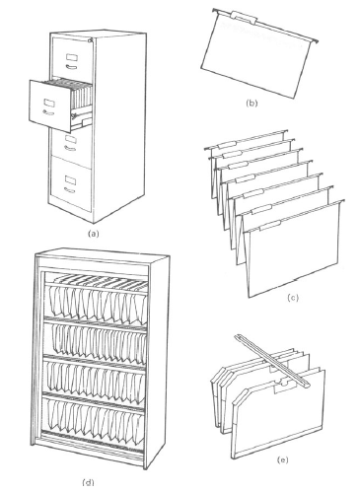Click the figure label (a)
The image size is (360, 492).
point(94,234)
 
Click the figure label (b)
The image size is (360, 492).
point(252,104)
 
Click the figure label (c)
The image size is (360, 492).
point(293,298)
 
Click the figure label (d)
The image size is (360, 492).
point(88,482)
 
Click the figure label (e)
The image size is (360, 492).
point(282,460)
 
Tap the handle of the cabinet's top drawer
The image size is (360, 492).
point(71,67)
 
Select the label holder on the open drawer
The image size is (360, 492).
point(49,103)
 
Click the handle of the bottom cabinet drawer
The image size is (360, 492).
point(70,190)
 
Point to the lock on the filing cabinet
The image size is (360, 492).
point(90,40)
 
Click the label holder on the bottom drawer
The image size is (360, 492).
point(70,179)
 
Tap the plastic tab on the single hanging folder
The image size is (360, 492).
point(244,17)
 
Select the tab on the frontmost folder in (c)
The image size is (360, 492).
point(269,227)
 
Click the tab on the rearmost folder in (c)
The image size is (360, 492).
point(225,145)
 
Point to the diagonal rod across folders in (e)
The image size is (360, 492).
point(271,360)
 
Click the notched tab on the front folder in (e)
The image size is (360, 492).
point(282,386)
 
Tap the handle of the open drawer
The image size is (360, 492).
point(48,112)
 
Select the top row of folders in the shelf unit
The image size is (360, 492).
point(97,298)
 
